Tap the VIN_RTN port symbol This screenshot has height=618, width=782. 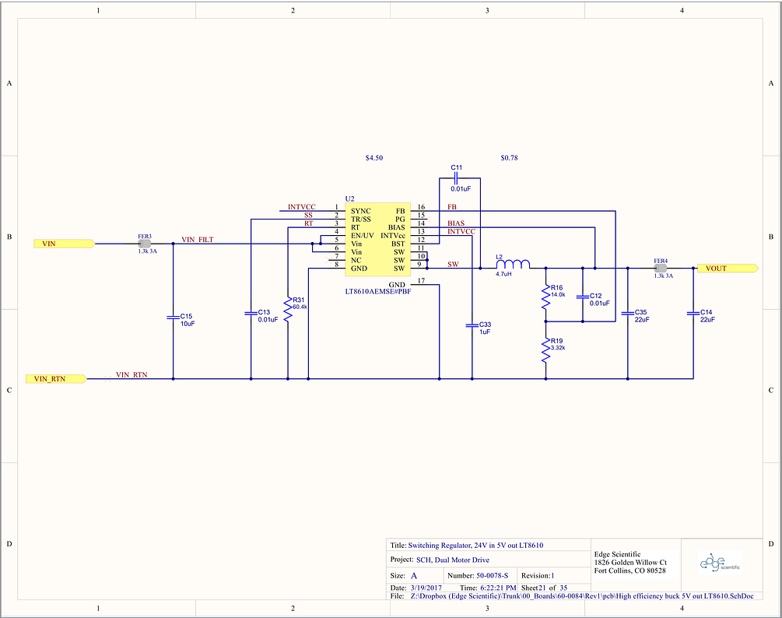click(x=56, y=378)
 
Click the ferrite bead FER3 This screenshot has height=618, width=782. click(x=145, y=244)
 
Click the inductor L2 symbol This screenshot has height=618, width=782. click(x=513, y=264)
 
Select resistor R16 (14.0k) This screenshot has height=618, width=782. click(x=546, y=298)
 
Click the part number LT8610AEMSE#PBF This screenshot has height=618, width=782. click(x=378, y=291)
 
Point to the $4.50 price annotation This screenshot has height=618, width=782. click(x=374, y=158)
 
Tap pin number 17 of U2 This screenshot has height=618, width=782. click(x=421, y=281)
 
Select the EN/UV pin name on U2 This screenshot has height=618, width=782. click(x=363, y=235)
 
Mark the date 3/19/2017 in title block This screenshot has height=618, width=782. click(x=426, y=588)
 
